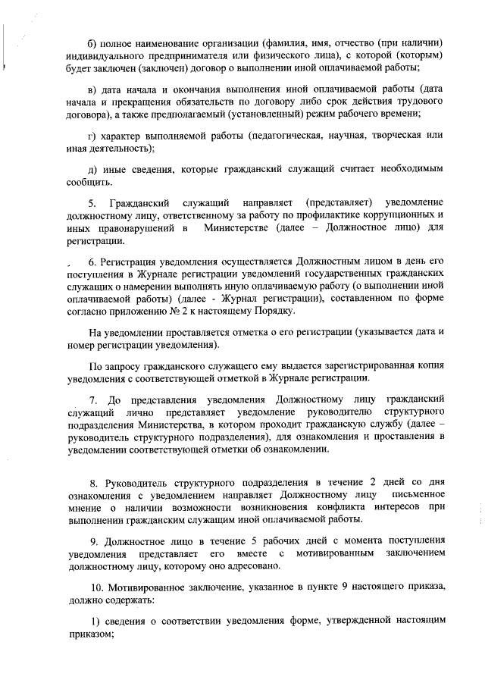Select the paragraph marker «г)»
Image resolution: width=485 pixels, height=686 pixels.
(93, 136)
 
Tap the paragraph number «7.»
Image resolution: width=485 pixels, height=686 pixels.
(94, 399)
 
